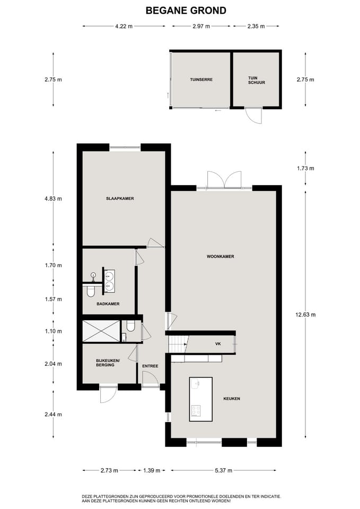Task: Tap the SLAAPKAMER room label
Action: pos(119,199)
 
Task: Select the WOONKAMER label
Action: pos(221,257)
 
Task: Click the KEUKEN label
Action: pos(232,399)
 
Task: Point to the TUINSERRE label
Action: pos(201,80)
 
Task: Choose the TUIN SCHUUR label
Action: pos(256,80)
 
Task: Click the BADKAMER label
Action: pos(108,304)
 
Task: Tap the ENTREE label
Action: pos(150,366)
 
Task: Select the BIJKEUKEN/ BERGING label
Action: pos(108,363)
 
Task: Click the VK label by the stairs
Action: pos(217,344)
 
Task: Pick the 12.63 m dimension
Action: pos(305,314)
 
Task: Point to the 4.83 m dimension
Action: pos(54,199)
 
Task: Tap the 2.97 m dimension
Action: pos(201,26)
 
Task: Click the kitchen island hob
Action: pos(196,410)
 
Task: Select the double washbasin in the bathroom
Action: pos(109,280)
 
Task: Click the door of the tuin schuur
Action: pos(254,115)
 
